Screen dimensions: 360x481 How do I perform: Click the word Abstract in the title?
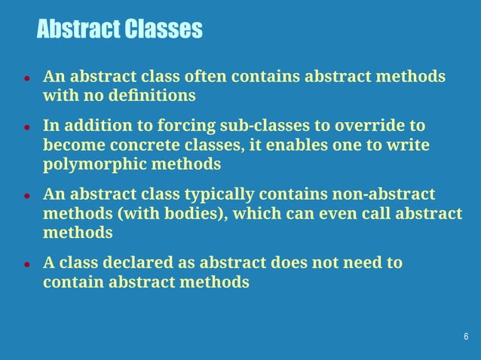78,29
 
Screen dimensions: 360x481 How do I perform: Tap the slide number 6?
466,336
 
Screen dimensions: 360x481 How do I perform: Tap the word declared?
133,263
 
